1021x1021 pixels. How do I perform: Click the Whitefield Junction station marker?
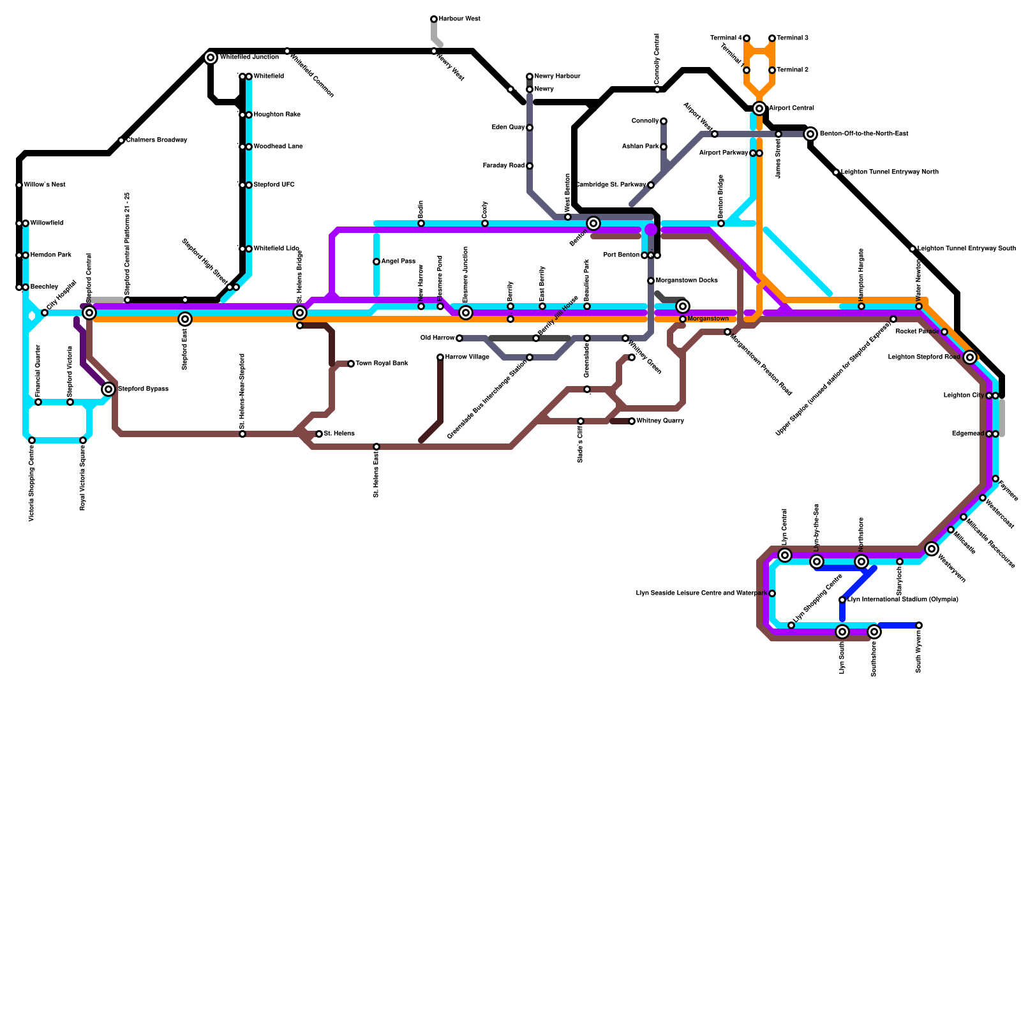tap(211, 57)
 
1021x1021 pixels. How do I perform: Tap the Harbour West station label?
tap(459, 19)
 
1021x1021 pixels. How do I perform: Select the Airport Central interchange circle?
tap(759, 108)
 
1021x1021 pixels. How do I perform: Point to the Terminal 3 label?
tap(793, 38)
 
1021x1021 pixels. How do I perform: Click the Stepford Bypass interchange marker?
tap(108, 389)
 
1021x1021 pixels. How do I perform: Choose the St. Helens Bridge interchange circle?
tap(300, 313)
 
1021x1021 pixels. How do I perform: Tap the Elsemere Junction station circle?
tap(466, 313)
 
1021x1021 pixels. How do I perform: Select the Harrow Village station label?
tap(467, 357)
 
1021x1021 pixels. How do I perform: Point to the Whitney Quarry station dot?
tap(632, 421)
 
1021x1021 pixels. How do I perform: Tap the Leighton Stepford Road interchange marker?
tap(970, 357)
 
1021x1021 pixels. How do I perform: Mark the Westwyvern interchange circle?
tap(932, 549)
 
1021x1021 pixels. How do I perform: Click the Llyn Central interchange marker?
tap(785, 555)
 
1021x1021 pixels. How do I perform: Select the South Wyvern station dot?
tap(919, 625)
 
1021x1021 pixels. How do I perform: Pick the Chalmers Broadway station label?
tap(156, 140)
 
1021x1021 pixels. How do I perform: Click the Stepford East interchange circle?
tap(185, 319)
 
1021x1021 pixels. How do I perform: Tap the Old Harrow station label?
tap(438, 338)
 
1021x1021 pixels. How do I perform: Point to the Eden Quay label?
tap(508, 128)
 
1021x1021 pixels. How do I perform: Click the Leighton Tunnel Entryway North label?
tap(890, 172)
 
